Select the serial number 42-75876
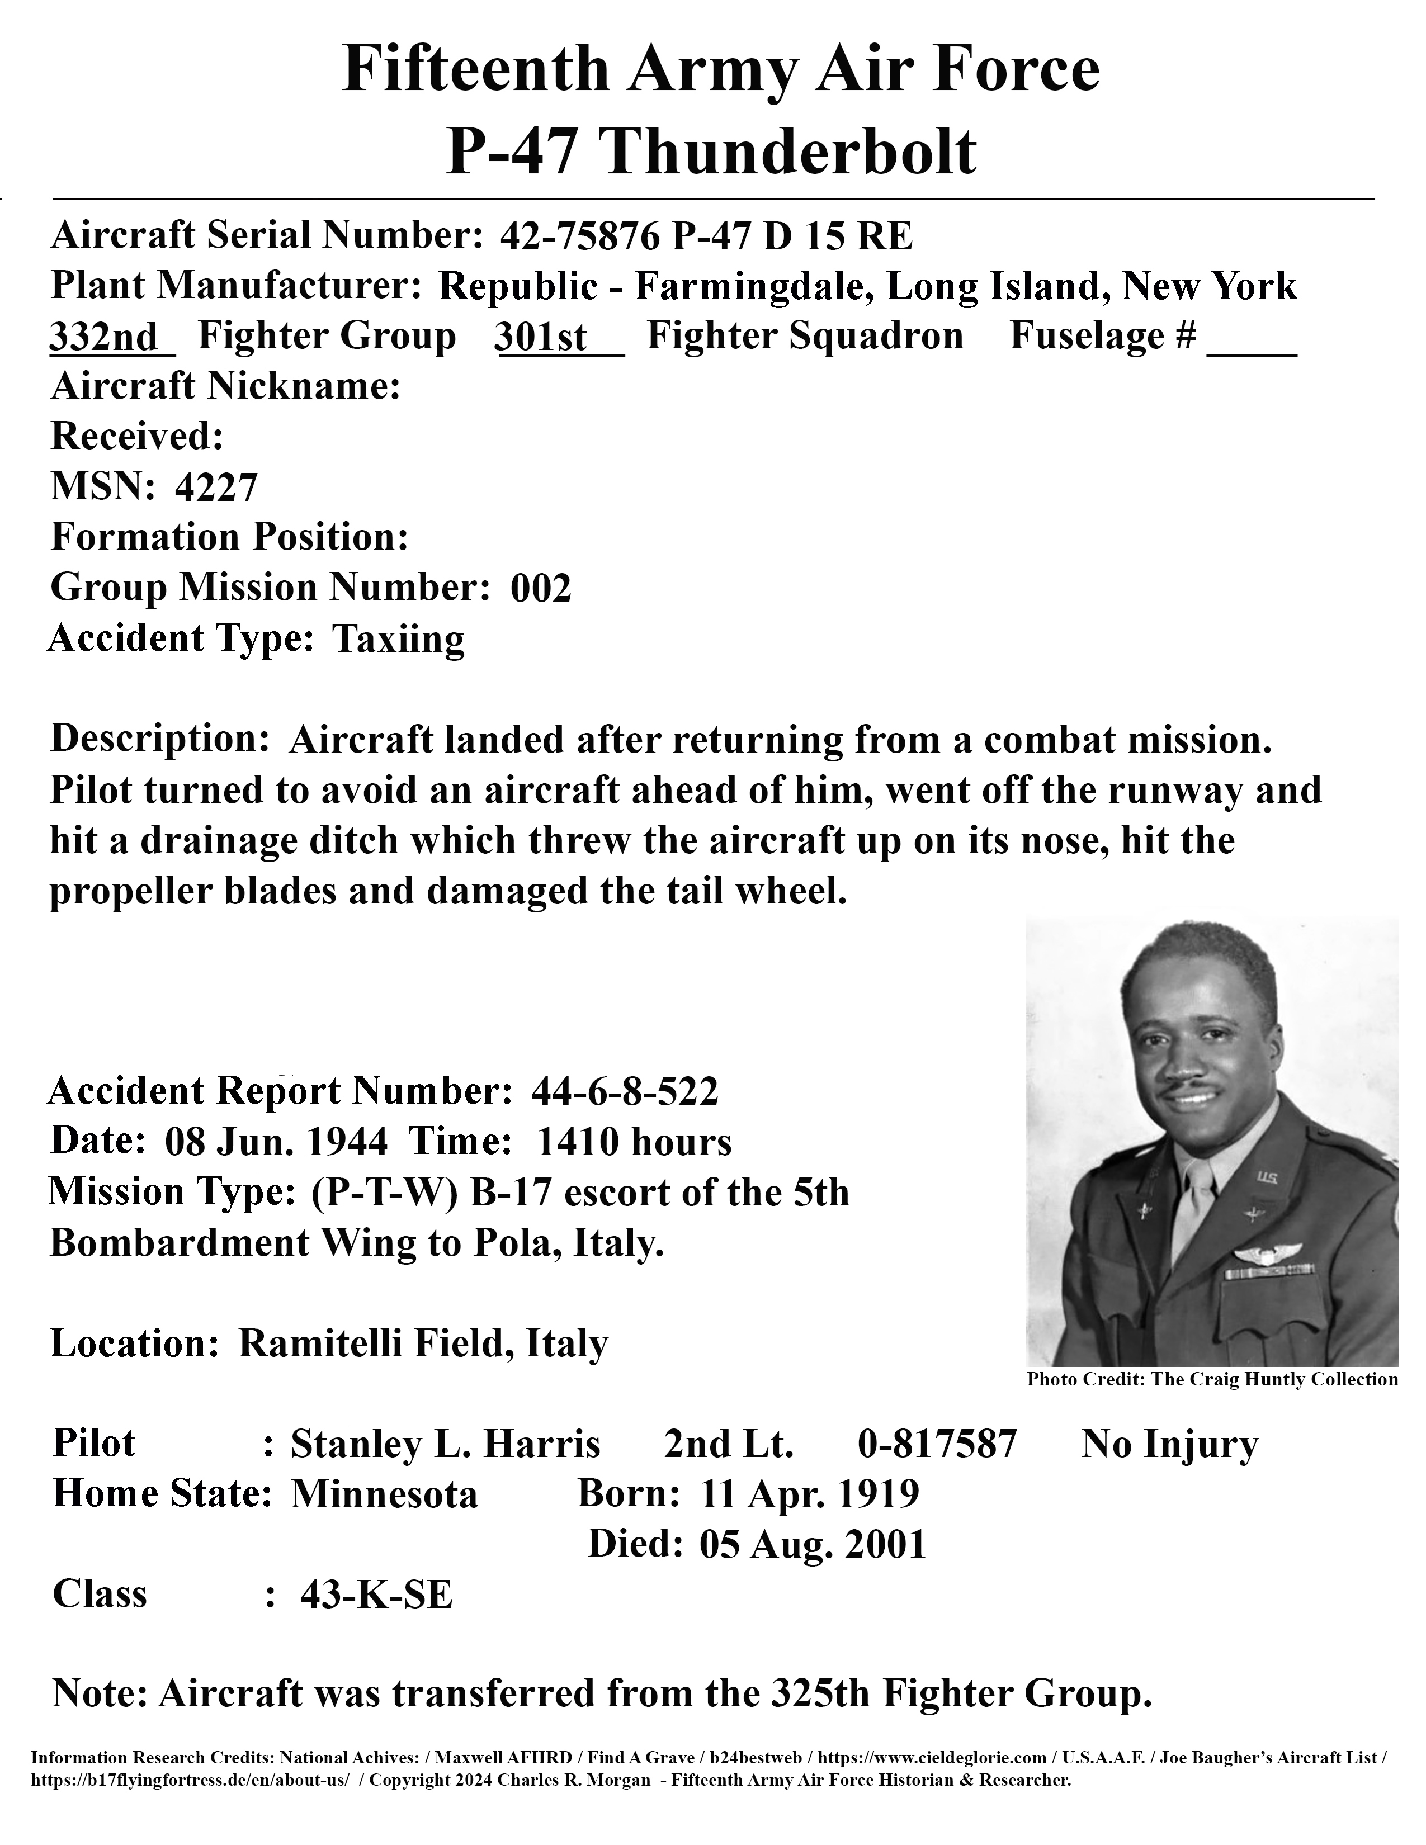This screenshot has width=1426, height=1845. tap(579, 238)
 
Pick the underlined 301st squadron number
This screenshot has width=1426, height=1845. tap(541, 337)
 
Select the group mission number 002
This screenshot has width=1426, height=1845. tap(541, 588)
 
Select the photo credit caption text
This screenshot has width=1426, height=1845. tap(1212, 1379)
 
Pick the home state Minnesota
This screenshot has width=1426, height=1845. tap(384, 1494)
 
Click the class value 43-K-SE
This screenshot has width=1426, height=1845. tap(377, 1595)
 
